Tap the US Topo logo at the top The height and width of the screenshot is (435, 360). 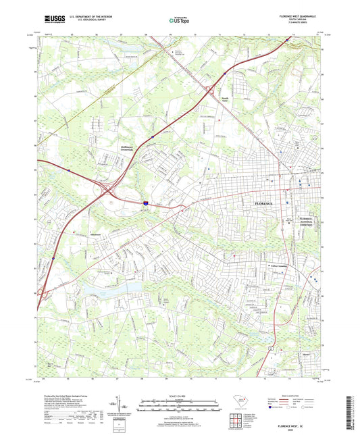pyautogui.click(x=177, y=21)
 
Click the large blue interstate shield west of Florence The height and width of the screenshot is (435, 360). pyautogui.click(x=146, y=201)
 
